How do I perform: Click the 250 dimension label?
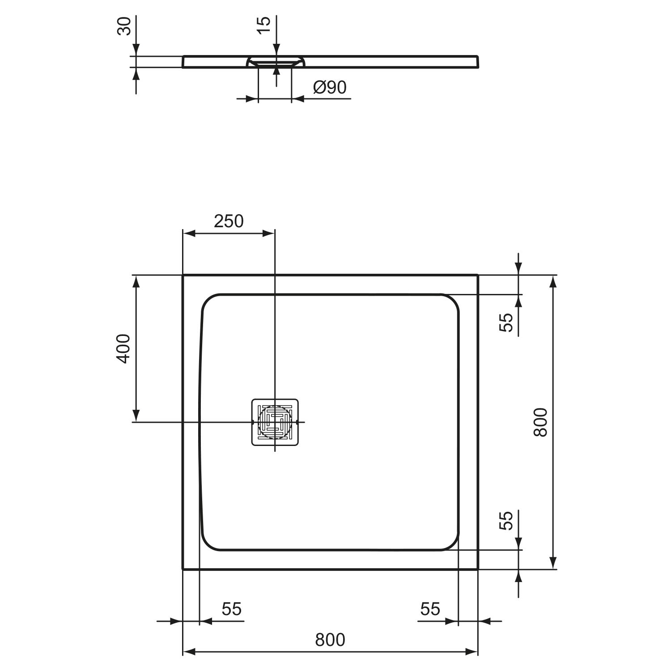coord(229,221)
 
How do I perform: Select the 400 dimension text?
coord(123,348)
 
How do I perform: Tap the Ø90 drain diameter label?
coord(330,87)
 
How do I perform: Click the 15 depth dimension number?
coord(263,25)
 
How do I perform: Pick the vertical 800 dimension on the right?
coord(540,422)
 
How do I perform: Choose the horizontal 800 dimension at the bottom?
coord(330,640)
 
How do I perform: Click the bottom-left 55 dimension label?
coord(232,609)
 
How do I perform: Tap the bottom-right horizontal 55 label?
coord(430,609)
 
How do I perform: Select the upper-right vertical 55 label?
coord(505,322)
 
